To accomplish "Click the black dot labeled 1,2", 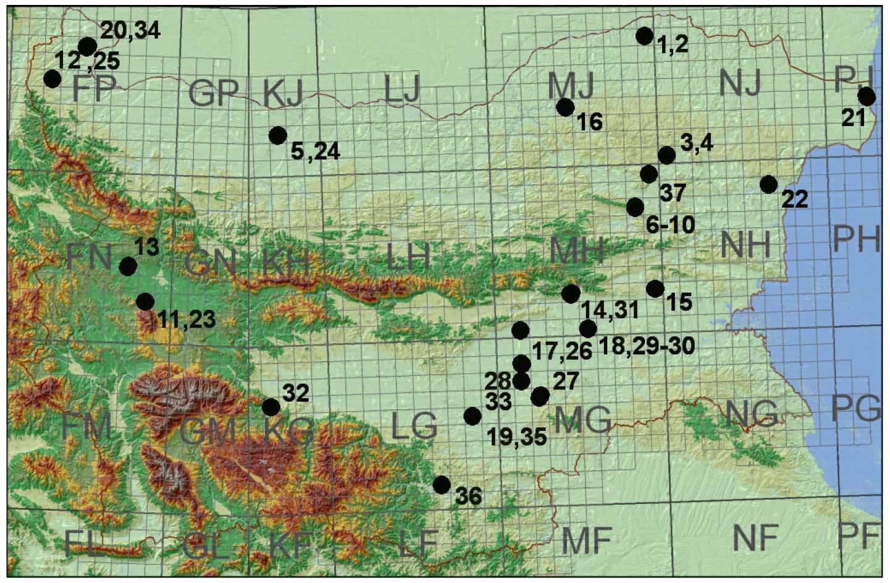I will (x=644, y=36).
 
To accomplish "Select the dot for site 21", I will (x=867, y=96).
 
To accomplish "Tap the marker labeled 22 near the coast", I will (x=768, y=184).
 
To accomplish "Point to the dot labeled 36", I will (x=442, y=485).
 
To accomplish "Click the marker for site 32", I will (x=271, y=407).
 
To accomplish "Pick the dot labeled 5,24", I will (x=278, y=135).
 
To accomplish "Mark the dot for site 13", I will (x=128, y=266).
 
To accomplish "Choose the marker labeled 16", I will (x=565, y=107).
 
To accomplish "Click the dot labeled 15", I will (x=655, y=289).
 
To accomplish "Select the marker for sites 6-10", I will (x=635, y=207).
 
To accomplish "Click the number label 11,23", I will (x=187, y=320).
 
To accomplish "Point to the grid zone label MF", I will (x=586, y=540).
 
